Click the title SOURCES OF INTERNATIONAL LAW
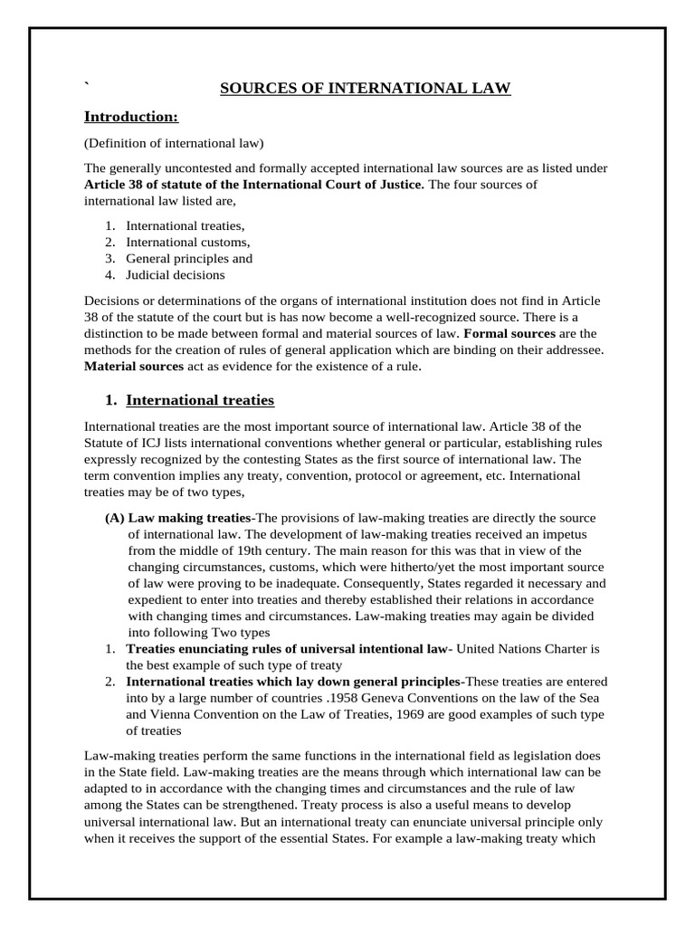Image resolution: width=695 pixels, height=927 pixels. (x=367, y=88)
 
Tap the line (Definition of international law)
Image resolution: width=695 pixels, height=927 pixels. (x=174, y=143)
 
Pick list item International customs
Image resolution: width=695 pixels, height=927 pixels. (x=187, y=242)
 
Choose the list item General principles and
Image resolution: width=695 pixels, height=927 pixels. (x=188, y=258)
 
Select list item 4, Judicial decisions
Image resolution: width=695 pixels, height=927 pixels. (x=176, y=274)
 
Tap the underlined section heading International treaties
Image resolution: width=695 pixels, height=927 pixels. (x=200, y=400)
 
